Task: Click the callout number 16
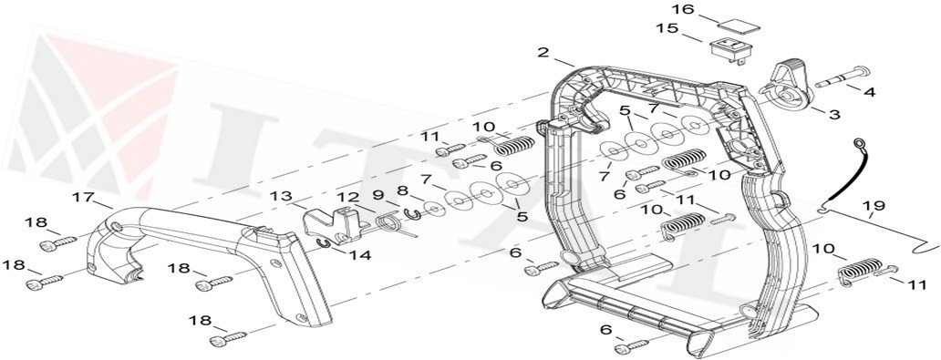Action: coord(683,10)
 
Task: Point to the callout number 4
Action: coord(869,92)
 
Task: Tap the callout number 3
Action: coord(834,115)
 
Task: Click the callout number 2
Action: coord(543,53)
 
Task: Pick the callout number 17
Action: coord(83,197)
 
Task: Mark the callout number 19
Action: coord(874,206)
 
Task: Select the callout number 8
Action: coord(402,191)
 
